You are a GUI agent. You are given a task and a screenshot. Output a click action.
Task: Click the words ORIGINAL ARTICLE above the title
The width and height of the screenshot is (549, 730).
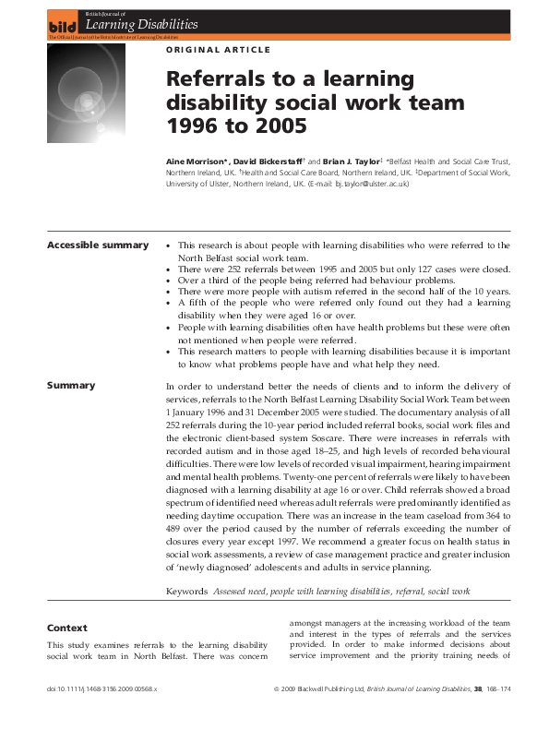point(218,49)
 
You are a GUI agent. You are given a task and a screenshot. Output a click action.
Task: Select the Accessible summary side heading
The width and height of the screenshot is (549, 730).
point(97,245)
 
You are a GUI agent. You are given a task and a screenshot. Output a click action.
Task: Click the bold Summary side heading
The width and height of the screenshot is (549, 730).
point(72,385)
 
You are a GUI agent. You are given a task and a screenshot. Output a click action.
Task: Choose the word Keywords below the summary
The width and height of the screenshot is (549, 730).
point(187,590)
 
